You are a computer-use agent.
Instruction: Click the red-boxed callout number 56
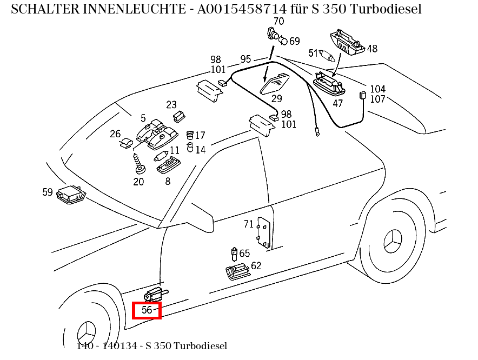pyautogui.click(x=147, y=310)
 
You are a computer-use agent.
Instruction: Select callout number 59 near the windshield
pyautogui.click(x=48, y=192)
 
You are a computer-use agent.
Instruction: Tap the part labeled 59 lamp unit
pyautogui.click(x=71, y=194)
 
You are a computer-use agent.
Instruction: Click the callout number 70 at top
pyautogui.click(x=278, y=22)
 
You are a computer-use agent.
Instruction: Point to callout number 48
pyautogui.click(x=372, y=49)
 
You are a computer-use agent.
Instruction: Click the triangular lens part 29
pyautogui.click(x=276, y=84)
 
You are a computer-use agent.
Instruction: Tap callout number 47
pyautogui.click(x=337, y=103)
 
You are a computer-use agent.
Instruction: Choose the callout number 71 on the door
pyautogui.click(x=248, y=224)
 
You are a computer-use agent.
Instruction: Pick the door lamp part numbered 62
pyautogui.click(x=237, y=272)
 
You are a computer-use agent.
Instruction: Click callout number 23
pyautogui.click(x=171, y=105)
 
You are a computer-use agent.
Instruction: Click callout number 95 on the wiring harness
pyautogui.click(x=245, y=59)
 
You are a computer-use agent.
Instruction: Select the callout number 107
pyautogui.click(x=377, y=99)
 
